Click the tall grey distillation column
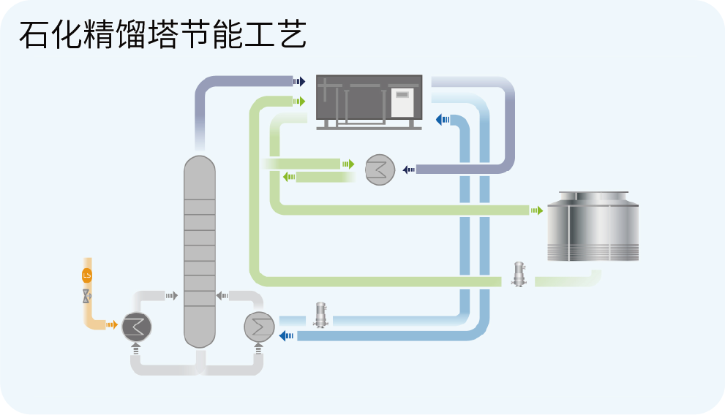click(x=199, y=252)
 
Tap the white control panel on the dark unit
click(x=402, y=102)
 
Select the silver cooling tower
click(x=593, y=226)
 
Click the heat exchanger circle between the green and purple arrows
click(x=380, y=170)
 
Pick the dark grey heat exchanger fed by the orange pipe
click(x=135, y=326)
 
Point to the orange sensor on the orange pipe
click(x=87, y=275)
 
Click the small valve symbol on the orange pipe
click(x=87, y=296)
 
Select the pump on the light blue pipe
click(x=319, y=316)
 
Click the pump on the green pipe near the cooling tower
click(x=519, y=274)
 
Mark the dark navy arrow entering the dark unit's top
click(x=299, y=81)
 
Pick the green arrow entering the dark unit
click(x=299, y=101)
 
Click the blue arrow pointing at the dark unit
click(x=442, y=119)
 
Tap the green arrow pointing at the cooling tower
click(x=537, y=210)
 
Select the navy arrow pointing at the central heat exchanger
click(x=409, y=170)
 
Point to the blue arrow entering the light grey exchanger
click(x=286, y=335)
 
